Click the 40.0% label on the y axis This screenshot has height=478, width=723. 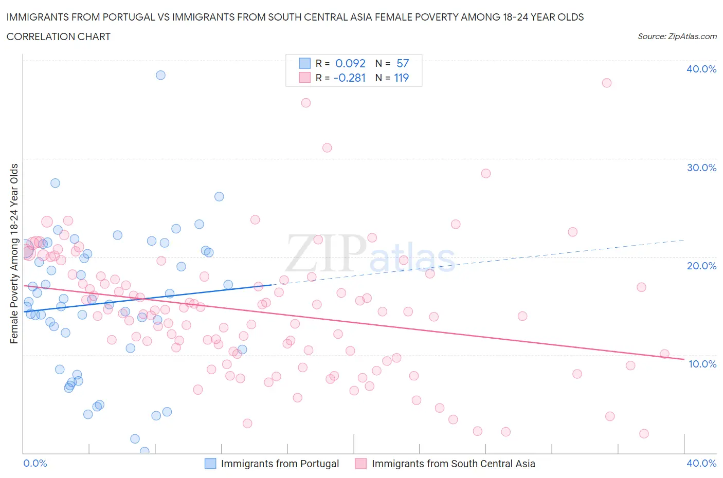pos(701,69)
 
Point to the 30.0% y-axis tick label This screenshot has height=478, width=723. pos(701,168)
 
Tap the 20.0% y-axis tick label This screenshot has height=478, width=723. pos(701,266)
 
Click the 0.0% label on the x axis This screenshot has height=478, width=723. pos(35,463)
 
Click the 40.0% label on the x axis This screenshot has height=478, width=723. pos(701,463)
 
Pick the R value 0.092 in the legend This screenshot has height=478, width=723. pos(350,63)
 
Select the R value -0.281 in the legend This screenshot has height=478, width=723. pos(349,78)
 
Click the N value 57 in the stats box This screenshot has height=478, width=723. pos(402,63)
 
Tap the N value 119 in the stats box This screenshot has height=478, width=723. pos(401,78)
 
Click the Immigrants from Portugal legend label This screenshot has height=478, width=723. pos(280,464)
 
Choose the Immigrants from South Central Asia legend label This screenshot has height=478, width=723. pos(453,464)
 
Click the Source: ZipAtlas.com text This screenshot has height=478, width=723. pos(677,36)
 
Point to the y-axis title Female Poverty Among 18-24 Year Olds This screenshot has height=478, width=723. pos(14,253)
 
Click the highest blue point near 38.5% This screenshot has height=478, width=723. pos(160,75)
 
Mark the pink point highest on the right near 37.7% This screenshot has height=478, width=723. pos(606,83)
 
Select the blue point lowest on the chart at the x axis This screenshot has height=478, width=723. pos(144,451)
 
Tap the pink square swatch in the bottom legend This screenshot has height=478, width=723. pos(361,464)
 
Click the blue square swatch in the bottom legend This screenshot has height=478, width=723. pos(210,464)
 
